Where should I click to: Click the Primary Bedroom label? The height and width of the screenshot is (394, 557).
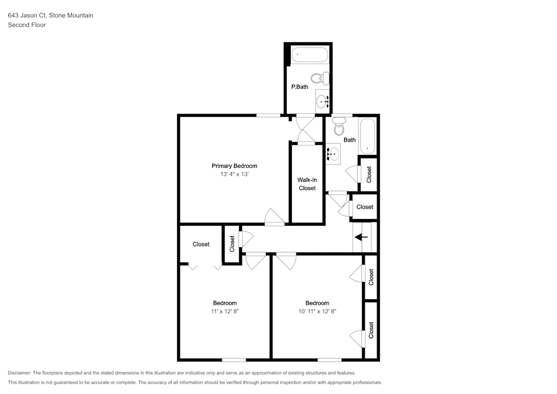point(234,166)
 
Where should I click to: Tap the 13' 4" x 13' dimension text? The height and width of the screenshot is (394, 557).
point(234,174)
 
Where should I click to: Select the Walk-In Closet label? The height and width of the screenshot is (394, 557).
point(307,184)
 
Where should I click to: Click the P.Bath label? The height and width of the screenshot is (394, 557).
point(300,87)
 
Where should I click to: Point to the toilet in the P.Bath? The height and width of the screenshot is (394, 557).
point(320,78)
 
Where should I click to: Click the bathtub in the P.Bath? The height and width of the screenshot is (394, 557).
point(309,55)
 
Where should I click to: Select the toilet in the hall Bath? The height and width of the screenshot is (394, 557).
point(339,127)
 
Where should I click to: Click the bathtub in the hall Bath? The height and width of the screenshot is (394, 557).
point(367,135)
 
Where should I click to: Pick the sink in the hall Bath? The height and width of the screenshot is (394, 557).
point(333,154)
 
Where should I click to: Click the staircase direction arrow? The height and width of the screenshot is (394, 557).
point(361,237)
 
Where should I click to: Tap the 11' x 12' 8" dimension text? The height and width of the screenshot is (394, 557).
point(225,311)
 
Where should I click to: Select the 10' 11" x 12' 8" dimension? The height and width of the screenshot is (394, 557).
point(317,311)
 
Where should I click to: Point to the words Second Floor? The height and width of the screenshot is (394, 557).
point(27,25)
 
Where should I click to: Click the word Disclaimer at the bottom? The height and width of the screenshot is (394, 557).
point(19,373)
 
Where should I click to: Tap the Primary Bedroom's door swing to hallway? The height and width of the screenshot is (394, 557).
point(275,217)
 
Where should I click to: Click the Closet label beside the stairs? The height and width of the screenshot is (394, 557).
point(364,207)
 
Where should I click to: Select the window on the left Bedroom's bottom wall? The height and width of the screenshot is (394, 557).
point(234,360)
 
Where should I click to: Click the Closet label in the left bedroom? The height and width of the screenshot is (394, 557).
point(201,244)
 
